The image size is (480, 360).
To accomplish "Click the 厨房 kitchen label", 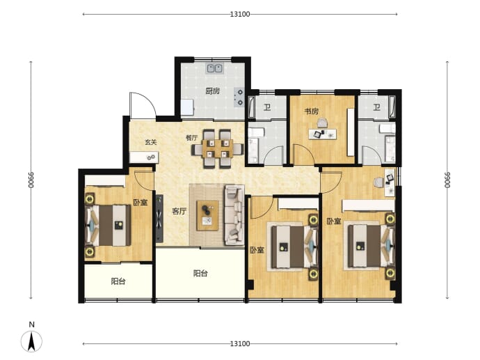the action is click(x=212, y=91).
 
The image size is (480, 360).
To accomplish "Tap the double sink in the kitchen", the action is click(x=214, y=68).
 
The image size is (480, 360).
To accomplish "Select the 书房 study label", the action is click(x=312, y=111).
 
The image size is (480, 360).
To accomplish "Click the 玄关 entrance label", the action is click(x=151, y=142).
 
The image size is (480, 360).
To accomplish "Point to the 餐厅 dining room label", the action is click(x=191, y=138).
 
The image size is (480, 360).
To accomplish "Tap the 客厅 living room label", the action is click(x=179, y=211).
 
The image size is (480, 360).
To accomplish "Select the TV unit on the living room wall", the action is click(x=159, y=219).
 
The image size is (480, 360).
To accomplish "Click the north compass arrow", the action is click(x=31, y=342).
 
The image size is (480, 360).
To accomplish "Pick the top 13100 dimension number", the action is click(x=240, y=14).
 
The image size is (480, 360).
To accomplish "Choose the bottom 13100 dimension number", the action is click(x=240, y=344).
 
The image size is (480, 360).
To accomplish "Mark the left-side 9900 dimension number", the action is click(x=31, y=180).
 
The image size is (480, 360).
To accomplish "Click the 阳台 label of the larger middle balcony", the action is click(x=200, y=273).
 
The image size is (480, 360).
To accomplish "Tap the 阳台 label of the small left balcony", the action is click(x=118, y=281).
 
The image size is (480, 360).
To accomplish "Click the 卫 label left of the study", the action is click(x=267, y=107).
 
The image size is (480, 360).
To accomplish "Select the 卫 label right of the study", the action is click(x=376, y=107).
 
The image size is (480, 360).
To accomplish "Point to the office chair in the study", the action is click(x=322, y=123).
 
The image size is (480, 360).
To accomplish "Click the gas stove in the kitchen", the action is click(x=239, y=97).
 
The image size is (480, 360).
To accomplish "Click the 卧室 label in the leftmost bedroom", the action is click(x=141, y=203).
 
